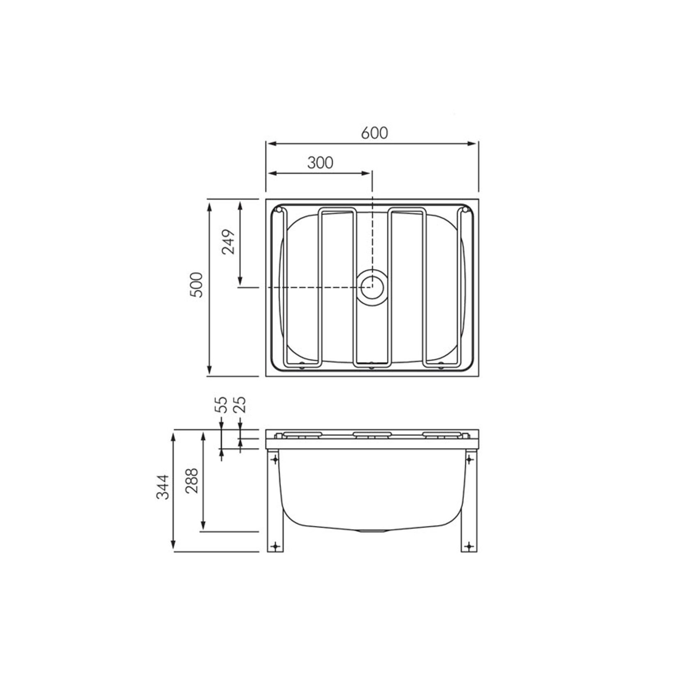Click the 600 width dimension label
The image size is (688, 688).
[374, 133]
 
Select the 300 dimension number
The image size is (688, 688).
[320, 163]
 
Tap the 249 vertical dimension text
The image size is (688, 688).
[228, 242]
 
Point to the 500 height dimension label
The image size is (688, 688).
[197, 284]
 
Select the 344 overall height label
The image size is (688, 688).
[163, 487]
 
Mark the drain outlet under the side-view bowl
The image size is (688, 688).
[372, 530]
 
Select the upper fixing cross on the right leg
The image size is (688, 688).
[469, 459]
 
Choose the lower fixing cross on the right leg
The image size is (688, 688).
[469, 546]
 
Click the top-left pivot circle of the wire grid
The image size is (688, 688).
[278, 210]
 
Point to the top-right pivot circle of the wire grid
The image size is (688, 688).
[465, 210]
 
